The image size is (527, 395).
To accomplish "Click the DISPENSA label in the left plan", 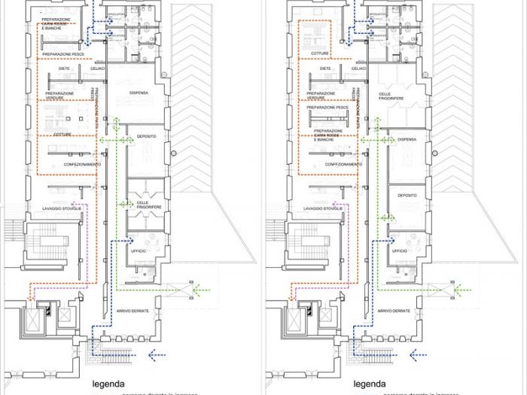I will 139,93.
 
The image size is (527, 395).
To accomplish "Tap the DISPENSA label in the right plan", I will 407,139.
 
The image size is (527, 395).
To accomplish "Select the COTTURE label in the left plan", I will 62,135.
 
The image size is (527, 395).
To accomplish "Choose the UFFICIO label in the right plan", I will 400,251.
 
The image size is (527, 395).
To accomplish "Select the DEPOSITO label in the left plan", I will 146,137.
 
